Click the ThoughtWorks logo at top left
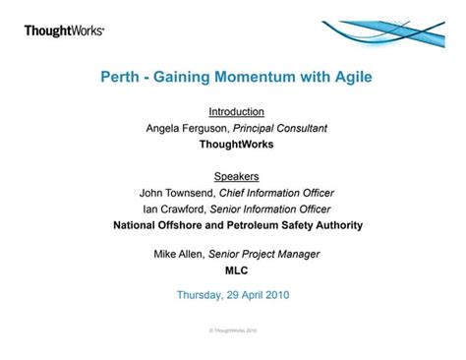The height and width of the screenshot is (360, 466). point(64,31)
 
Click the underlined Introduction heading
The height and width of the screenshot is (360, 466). point(237,112)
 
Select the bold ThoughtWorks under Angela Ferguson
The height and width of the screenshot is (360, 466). point(237,144)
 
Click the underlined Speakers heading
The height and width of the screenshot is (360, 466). point(237,177)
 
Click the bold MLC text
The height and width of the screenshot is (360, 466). point(237,270)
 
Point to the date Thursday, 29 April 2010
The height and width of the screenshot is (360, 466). point(233,294)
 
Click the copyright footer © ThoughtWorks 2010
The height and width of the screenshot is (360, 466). point(233,330)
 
